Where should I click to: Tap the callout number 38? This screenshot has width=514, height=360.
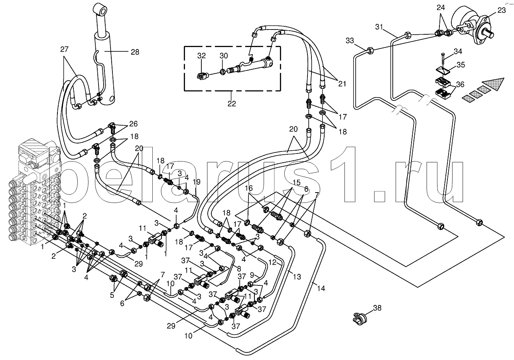pos(377,308)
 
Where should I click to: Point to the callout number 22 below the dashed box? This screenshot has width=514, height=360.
pos(232,104)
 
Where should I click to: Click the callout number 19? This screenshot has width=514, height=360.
pos(196,182)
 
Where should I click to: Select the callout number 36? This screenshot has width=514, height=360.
pos(460,84)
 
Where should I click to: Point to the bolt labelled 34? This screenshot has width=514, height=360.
pos(443,56)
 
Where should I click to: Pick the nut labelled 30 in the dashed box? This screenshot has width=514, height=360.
pos(223,72)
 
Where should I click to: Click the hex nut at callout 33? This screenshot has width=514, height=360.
pos(370,51)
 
